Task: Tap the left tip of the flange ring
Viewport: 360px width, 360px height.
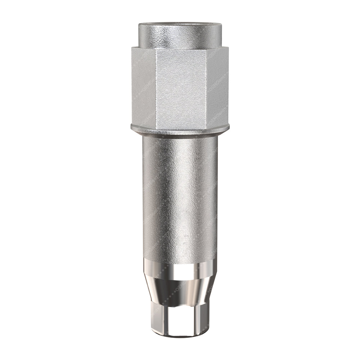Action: pyautogui.click(x=131, y=127)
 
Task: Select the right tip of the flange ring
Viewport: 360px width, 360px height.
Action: pyautogui.click(x=229, y=127)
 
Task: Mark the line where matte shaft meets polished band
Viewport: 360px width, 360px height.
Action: pyautogui.click(x=180, y=260)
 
